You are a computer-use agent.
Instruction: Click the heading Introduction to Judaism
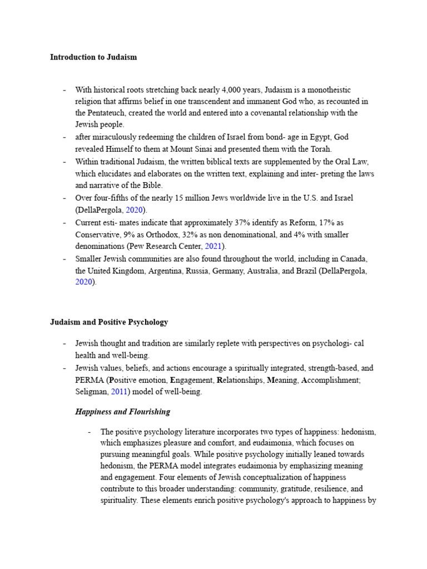93,57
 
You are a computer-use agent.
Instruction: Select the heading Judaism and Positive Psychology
109,322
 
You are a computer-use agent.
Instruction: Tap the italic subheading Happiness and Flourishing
122,412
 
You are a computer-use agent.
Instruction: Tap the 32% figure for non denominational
217,234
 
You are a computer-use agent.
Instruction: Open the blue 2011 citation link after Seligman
119,392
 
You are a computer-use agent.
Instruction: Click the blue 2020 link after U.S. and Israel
135,210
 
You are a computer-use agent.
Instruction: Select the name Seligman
91,392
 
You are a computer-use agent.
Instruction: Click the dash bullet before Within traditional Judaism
65,162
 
